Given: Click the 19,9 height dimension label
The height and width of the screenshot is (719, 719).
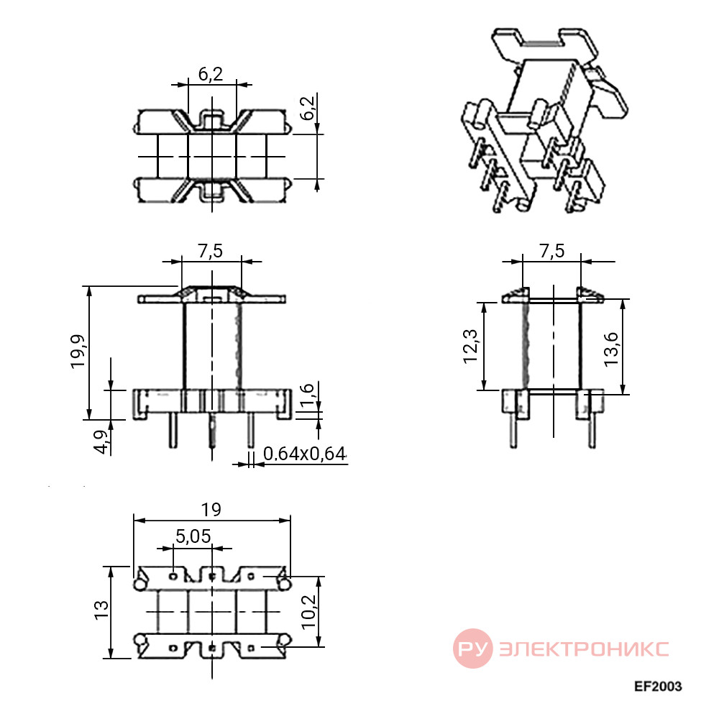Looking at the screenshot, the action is point(78,351).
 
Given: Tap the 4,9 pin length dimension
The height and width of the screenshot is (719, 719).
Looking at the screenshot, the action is point(103,442).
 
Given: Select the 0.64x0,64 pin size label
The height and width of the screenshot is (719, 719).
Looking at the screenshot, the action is point(304,454).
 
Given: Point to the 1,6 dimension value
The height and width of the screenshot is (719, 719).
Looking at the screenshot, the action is point(306,394).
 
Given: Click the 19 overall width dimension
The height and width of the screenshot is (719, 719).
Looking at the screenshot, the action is point(211,510).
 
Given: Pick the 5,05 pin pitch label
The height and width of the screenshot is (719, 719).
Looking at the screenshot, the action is point(193,536).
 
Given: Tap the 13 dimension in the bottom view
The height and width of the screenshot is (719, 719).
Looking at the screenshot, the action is point(101,610).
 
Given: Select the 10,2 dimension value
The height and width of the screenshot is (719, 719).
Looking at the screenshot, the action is point(308,612).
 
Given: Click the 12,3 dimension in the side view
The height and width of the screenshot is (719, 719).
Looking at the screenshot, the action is point(470,347).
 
